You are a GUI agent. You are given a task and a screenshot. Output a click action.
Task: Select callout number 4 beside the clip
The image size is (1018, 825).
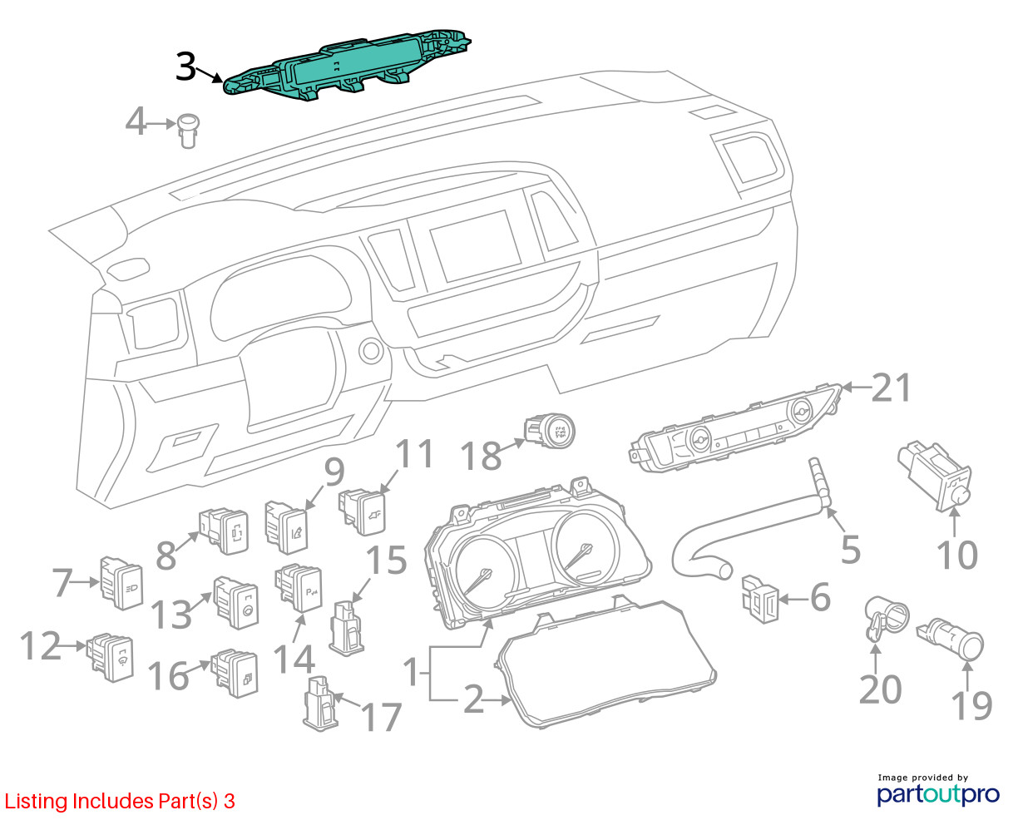tap(136, 122)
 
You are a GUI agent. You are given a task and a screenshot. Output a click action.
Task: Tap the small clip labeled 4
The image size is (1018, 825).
tap(188, 131)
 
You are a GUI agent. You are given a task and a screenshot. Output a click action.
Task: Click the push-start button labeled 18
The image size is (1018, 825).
tap(550, 430)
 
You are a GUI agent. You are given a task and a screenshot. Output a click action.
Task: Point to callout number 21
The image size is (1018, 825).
tap(892, 388)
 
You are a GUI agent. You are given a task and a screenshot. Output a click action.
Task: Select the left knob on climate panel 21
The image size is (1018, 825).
tap(700, 438)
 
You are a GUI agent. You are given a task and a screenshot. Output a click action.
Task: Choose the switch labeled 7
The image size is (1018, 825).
tap(121, 582)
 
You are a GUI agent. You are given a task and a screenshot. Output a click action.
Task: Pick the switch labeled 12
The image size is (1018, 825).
tap(110, 658)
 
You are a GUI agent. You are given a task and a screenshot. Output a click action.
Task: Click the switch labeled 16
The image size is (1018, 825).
tap(235, 673)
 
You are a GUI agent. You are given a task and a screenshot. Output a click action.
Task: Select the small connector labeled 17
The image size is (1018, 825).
tap(320, 704)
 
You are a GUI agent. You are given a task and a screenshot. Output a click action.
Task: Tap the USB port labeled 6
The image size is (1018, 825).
tap(759, 600)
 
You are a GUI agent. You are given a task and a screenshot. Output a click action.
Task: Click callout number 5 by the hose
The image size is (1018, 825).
tap(851, 550)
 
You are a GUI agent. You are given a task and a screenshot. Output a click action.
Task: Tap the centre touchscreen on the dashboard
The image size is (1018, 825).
tap(475, 245)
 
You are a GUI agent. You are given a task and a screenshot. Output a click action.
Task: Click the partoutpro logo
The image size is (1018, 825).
tap(938, 794)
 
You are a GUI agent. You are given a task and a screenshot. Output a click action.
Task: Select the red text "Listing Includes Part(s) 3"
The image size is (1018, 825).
tap(120, 801)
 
